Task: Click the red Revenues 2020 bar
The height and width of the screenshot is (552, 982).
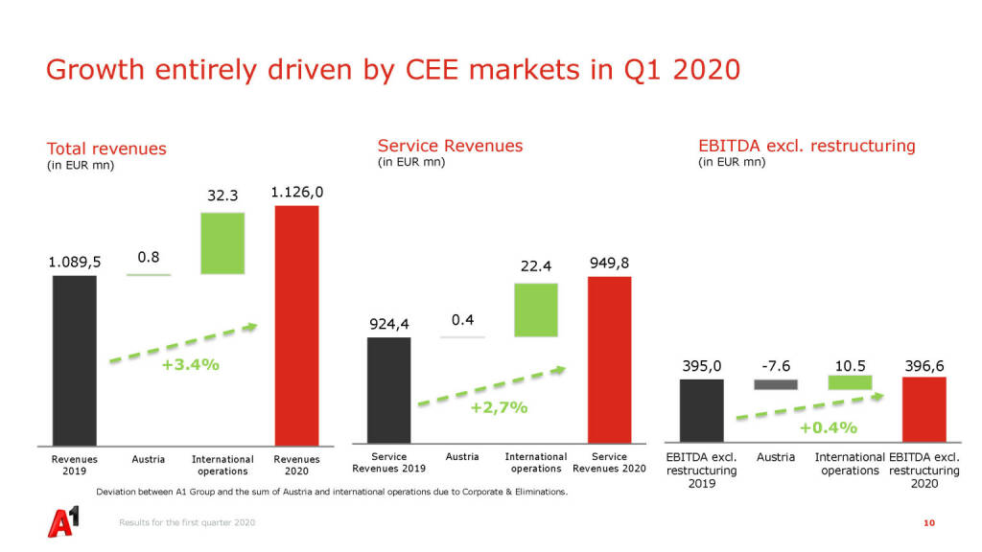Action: (296, 325)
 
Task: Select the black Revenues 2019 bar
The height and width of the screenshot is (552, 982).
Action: (75, 359)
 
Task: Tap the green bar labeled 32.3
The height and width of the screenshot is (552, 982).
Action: (222, 243)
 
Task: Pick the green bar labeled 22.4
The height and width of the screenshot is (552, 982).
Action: (536, 310)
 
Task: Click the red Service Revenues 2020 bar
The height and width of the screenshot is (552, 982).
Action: (610, 359)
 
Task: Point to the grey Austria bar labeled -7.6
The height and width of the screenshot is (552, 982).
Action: (776, 384)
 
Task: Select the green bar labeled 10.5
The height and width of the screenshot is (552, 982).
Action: (850, 381)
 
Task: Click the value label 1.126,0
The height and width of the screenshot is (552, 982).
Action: (297, 192)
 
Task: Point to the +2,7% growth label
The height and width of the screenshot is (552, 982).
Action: (499, 407)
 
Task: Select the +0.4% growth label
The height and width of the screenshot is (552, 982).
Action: (828, 427)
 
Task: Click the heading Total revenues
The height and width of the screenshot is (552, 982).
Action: (106, 149)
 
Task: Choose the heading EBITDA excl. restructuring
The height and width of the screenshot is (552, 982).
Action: (807, 146)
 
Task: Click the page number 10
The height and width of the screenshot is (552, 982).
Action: (928, 522)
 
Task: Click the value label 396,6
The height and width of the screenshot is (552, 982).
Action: (924, 365)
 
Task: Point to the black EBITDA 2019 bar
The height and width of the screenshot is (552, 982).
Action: (701, 410)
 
